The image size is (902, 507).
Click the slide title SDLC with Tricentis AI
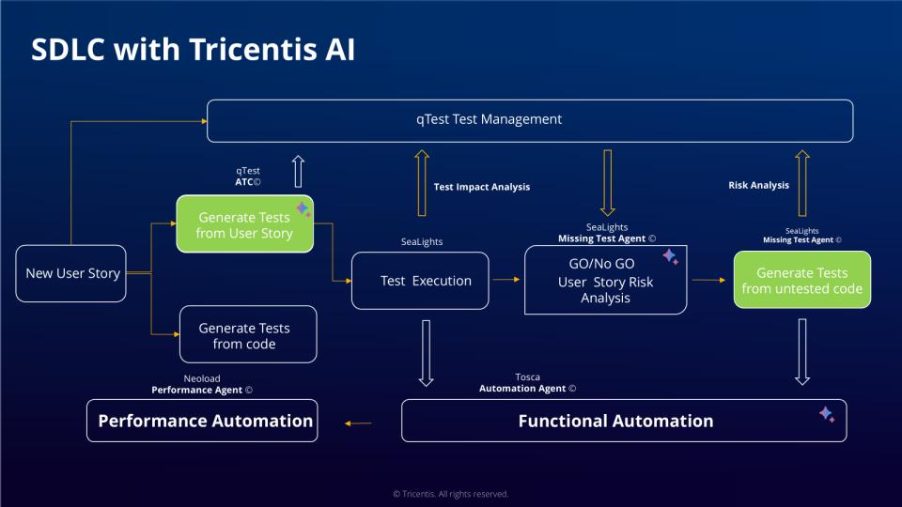click(x=193, y=50)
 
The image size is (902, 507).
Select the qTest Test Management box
click(x=530, y=121)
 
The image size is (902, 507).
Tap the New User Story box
click(x=71, y=273)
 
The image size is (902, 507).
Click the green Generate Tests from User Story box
click(x=244, y=224)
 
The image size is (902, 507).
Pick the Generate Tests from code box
click(x=248, y=335)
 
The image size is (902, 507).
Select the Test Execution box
click(x=420, y=280)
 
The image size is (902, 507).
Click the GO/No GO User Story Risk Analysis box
click(x=605, y=281)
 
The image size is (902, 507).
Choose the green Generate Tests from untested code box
click(x=801, y=280)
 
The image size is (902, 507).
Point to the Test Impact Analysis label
click(x=481, y=187)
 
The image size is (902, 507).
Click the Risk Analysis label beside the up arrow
click(x=758, y=185)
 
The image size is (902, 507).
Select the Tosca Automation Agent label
click(x=527, y=382)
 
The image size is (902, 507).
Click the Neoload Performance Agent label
click(x=202, y=383)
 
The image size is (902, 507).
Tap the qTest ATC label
click(x=248, y=177)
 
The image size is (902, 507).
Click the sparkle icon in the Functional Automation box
click(x=827, y=413)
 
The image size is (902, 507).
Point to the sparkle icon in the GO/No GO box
click(x=670, y=255)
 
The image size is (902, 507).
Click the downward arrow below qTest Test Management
click(x=607, y=182)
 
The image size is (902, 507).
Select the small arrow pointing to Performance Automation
click(x=358, y=423)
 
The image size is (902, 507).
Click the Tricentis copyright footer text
click(x=450, y=494)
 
